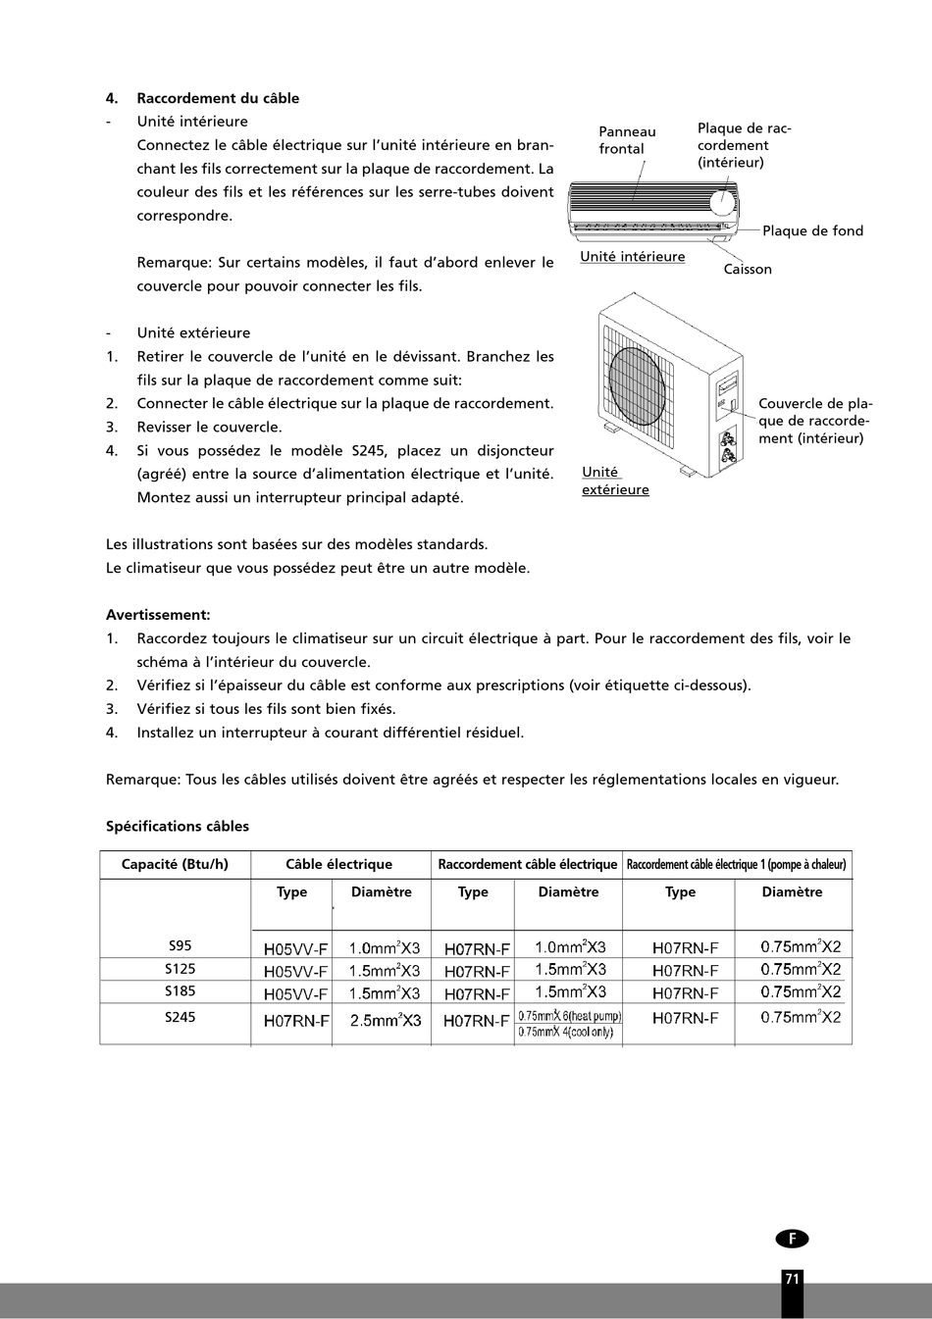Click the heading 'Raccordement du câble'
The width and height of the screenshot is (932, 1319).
(218, 98)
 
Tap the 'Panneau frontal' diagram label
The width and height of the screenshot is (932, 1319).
(627, 140)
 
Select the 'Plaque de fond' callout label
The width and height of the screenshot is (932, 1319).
(812, 231)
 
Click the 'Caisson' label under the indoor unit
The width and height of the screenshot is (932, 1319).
(748, 270)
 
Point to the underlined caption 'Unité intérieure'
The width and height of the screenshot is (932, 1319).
(633, 257)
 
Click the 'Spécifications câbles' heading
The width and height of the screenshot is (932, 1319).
(178, 827)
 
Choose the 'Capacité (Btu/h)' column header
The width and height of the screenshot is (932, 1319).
(175, 865)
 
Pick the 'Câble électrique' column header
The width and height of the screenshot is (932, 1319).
(338, 865)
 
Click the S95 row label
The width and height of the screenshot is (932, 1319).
(180, 946)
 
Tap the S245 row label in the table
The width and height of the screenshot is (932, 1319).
(180, 1017)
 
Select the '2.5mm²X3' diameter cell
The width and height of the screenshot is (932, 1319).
(385, 1021)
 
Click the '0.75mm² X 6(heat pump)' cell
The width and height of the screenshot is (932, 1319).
(570, 1016)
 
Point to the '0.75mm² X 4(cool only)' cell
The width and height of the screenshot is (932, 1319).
(566, 1033)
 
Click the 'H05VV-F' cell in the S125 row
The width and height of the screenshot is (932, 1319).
(295, 971)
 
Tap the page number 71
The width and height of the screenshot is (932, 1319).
(792, 1279)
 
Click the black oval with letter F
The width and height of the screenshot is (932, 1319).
(792, 1239)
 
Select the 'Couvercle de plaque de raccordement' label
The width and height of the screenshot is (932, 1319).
(814, 421)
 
